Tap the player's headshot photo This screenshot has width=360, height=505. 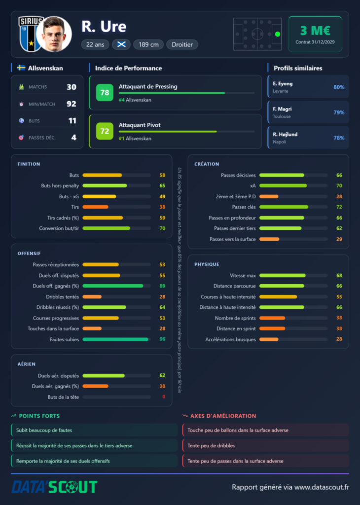tap(54, 34)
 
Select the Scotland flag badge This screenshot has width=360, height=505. tap(121, 44)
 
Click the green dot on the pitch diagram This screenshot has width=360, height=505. tap(278, 34)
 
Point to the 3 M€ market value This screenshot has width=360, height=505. tap(315, 31)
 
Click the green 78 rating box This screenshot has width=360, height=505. tap(105, 93)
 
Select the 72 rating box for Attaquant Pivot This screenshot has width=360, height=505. tap(105, 131)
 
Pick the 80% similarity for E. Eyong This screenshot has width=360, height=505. tap(339, 87)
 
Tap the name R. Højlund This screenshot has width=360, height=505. tap(285, 134)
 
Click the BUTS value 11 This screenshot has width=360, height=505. tap(72, 121)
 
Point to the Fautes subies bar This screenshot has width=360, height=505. tap(115, 339)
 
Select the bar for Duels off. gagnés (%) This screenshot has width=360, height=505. tap(113, 286)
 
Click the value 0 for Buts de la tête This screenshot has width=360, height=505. tap(164, 397)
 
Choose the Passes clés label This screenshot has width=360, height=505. tap(244, 207)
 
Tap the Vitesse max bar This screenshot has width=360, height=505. tap(283, 275)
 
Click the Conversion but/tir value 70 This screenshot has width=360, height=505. tap(162, 228)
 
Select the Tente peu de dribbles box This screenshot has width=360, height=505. tap(266, 446)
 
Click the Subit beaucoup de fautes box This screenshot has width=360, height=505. tap(94, 430)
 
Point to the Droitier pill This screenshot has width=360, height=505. tap(182, 44)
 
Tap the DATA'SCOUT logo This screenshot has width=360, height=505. tap(54, 487)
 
